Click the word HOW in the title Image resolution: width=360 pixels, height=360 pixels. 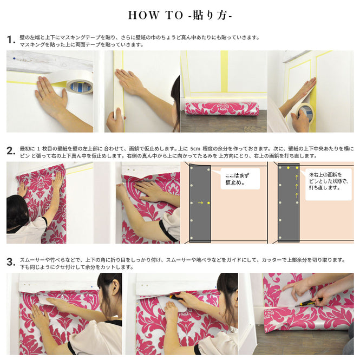point(143,15)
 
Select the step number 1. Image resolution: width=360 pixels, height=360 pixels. point(11,40)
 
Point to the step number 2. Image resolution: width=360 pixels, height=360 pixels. point(11,151)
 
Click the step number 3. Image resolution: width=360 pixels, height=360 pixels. point(11,262)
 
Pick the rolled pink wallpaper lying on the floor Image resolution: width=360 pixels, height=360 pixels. point(222,109)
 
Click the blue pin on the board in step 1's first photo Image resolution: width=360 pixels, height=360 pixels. point(15,58)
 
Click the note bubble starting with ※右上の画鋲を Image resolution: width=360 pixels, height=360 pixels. point(329,185)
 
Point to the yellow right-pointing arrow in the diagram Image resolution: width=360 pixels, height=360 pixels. point(200,203)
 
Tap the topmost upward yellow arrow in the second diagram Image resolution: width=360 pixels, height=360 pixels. point(297,177)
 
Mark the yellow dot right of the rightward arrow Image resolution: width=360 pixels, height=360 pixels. point(208,203)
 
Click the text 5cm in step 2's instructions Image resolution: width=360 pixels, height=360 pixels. point(195,148)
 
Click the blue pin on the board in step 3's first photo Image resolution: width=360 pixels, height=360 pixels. point(92,287)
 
